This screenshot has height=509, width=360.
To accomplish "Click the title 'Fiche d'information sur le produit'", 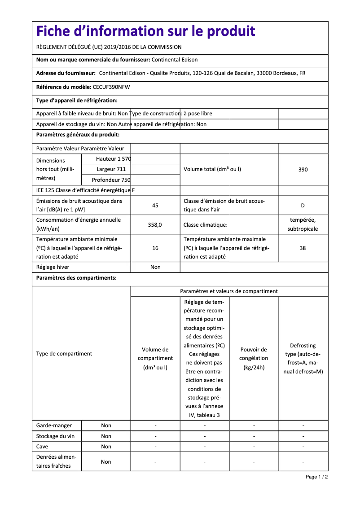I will (145, 31).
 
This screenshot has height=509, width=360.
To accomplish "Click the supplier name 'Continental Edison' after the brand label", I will (175, 60).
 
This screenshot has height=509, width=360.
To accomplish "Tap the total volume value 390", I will (303, 170).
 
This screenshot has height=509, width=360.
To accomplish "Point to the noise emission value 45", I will (155, 206).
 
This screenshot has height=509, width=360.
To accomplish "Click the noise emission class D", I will (303, 206).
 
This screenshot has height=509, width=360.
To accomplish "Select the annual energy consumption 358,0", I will (155, 224).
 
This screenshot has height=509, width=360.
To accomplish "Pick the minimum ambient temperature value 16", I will (155, 248).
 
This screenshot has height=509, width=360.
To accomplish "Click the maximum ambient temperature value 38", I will (303, 248).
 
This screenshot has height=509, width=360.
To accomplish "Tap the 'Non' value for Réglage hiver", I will (155, 267).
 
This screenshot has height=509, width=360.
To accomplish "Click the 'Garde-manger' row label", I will (53, 426).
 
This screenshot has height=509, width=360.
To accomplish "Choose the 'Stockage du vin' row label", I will (55, 436).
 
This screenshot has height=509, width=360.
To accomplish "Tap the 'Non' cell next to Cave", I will (106, 447).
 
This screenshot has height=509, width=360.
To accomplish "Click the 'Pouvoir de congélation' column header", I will (254, 358).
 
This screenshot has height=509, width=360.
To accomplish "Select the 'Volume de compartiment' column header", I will (155, 358).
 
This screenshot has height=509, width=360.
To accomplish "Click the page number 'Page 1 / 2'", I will (316, 477).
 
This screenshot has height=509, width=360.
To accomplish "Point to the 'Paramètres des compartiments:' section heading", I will (76, 278).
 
